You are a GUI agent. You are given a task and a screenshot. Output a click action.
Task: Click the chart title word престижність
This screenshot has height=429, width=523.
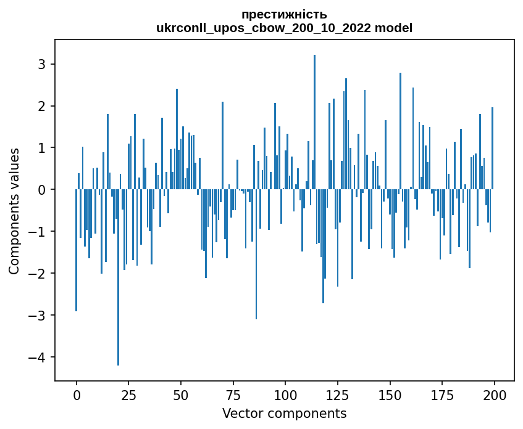point(284,15)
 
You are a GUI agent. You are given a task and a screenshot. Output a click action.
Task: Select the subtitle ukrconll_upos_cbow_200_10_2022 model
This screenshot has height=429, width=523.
point(284,28)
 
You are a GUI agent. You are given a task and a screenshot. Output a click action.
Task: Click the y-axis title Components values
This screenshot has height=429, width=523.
point(14,211)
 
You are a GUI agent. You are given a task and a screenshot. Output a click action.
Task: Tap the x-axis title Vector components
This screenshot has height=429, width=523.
point(284,413)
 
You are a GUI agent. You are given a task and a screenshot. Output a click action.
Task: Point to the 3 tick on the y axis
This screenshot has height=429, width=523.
point(43,64)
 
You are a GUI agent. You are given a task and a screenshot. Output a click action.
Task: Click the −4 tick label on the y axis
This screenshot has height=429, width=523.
point(39,357)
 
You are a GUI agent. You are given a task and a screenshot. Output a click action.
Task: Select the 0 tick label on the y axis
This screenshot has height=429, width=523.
point(43,190)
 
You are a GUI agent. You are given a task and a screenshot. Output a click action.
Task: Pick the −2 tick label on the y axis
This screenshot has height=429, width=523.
point(39,274)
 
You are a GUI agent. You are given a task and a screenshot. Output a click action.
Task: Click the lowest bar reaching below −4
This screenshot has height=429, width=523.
point(118,277)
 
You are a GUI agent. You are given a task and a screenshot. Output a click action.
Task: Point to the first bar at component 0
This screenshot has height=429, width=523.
point(77,250)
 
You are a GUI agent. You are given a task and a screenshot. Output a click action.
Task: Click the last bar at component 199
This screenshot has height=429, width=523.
point(492,149)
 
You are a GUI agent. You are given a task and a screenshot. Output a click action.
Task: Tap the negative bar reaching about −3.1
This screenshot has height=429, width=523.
point(256,254)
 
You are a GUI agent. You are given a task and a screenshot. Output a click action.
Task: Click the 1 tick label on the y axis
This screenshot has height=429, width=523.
point(43,148)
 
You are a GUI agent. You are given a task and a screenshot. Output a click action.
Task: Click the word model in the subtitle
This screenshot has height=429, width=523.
point(396,28)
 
